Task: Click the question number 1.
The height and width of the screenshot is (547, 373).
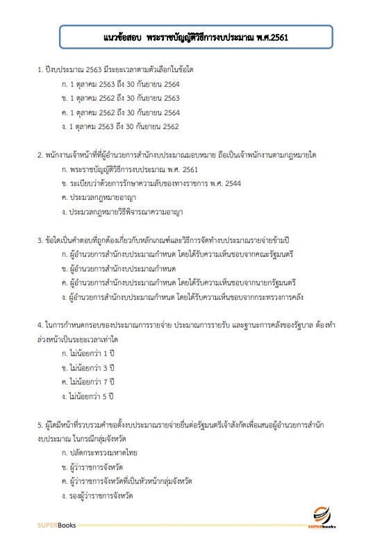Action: click(40, 71)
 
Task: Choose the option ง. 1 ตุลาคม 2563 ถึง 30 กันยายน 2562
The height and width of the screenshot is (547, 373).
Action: click(121, 126)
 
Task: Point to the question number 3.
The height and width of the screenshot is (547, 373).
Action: click(40, 240)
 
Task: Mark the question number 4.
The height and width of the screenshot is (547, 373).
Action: click(40, 325)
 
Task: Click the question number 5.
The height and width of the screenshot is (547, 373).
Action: click(40, 424)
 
